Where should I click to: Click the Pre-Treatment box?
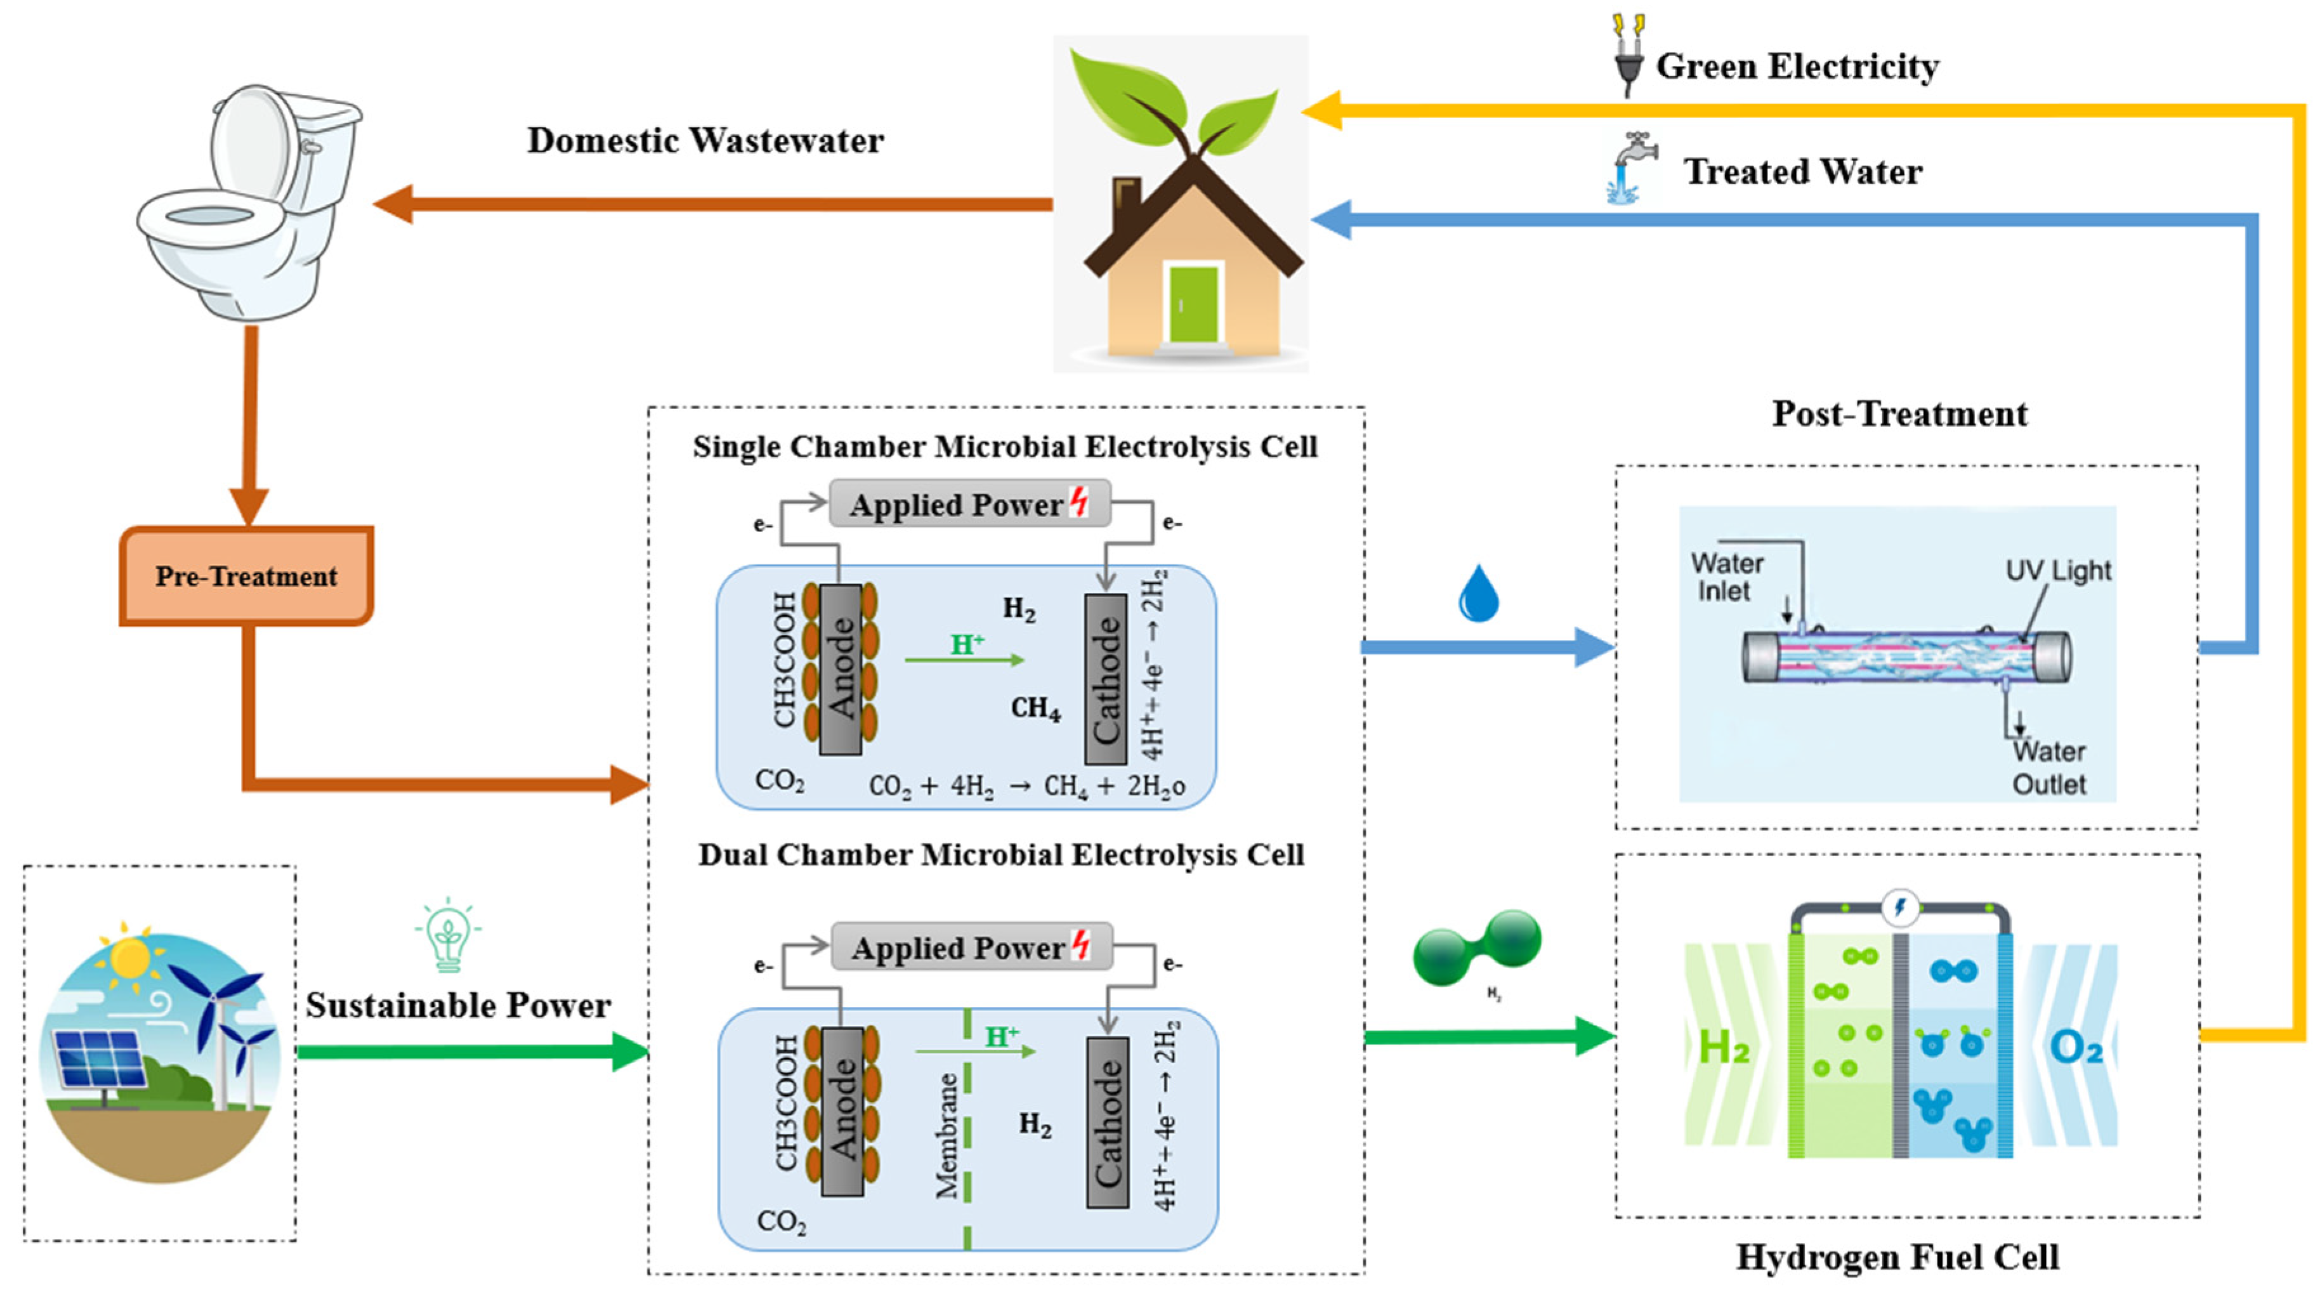246,576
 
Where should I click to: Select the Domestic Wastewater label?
705,141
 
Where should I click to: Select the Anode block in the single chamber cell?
841,669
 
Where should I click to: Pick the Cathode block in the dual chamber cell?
1107,1122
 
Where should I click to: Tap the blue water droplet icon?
1478,594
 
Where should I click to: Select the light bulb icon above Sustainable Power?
448,935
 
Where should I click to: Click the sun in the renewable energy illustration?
131,956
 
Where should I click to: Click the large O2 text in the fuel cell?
2075,1047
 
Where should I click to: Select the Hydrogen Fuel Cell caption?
1897,1257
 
